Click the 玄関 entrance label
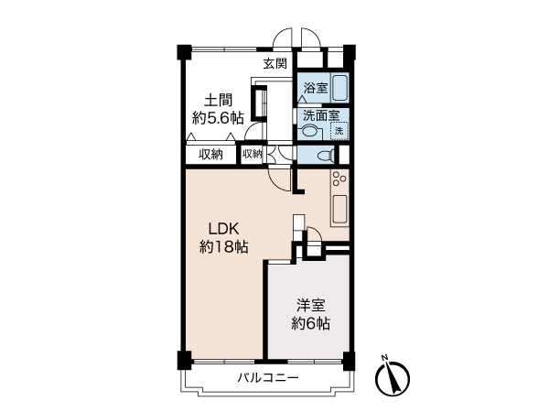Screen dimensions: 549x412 pos(275,63)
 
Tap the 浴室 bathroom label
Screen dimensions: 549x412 pos(316,88)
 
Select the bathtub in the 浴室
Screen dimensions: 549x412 pos(339,88)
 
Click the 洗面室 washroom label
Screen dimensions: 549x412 pos(321,115)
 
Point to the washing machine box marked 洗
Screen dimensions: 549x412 pos(339,131)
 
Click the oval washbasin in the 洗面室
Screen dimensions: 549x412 pos(309,132)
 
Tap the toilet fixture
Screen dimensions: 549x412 pos(326,155)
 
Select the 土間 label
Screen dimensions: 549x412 pos(218,101)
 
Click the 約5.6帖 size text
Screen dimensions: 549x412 pos(218,118)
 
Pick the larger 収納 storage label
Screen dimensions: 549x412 pos(210,155)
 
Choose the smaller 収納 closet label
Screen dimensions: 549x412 pos(253,154)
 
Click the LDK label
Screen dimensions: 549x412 pos(224,229)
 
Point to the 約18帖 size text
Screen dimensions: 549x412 pos(224,246)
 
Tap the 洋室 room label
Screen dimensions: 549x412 pos(311,306)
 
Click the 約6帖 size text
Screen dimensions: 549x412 pos(311,323)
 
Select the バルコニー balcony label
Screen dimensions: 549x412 pos(268,378)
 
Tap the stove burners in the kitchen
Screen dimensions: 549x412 pos(339,179)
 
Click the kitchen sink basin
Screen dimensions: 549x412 pos(339,209)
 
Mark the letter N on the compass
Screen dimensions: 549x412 pos(385,358)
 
